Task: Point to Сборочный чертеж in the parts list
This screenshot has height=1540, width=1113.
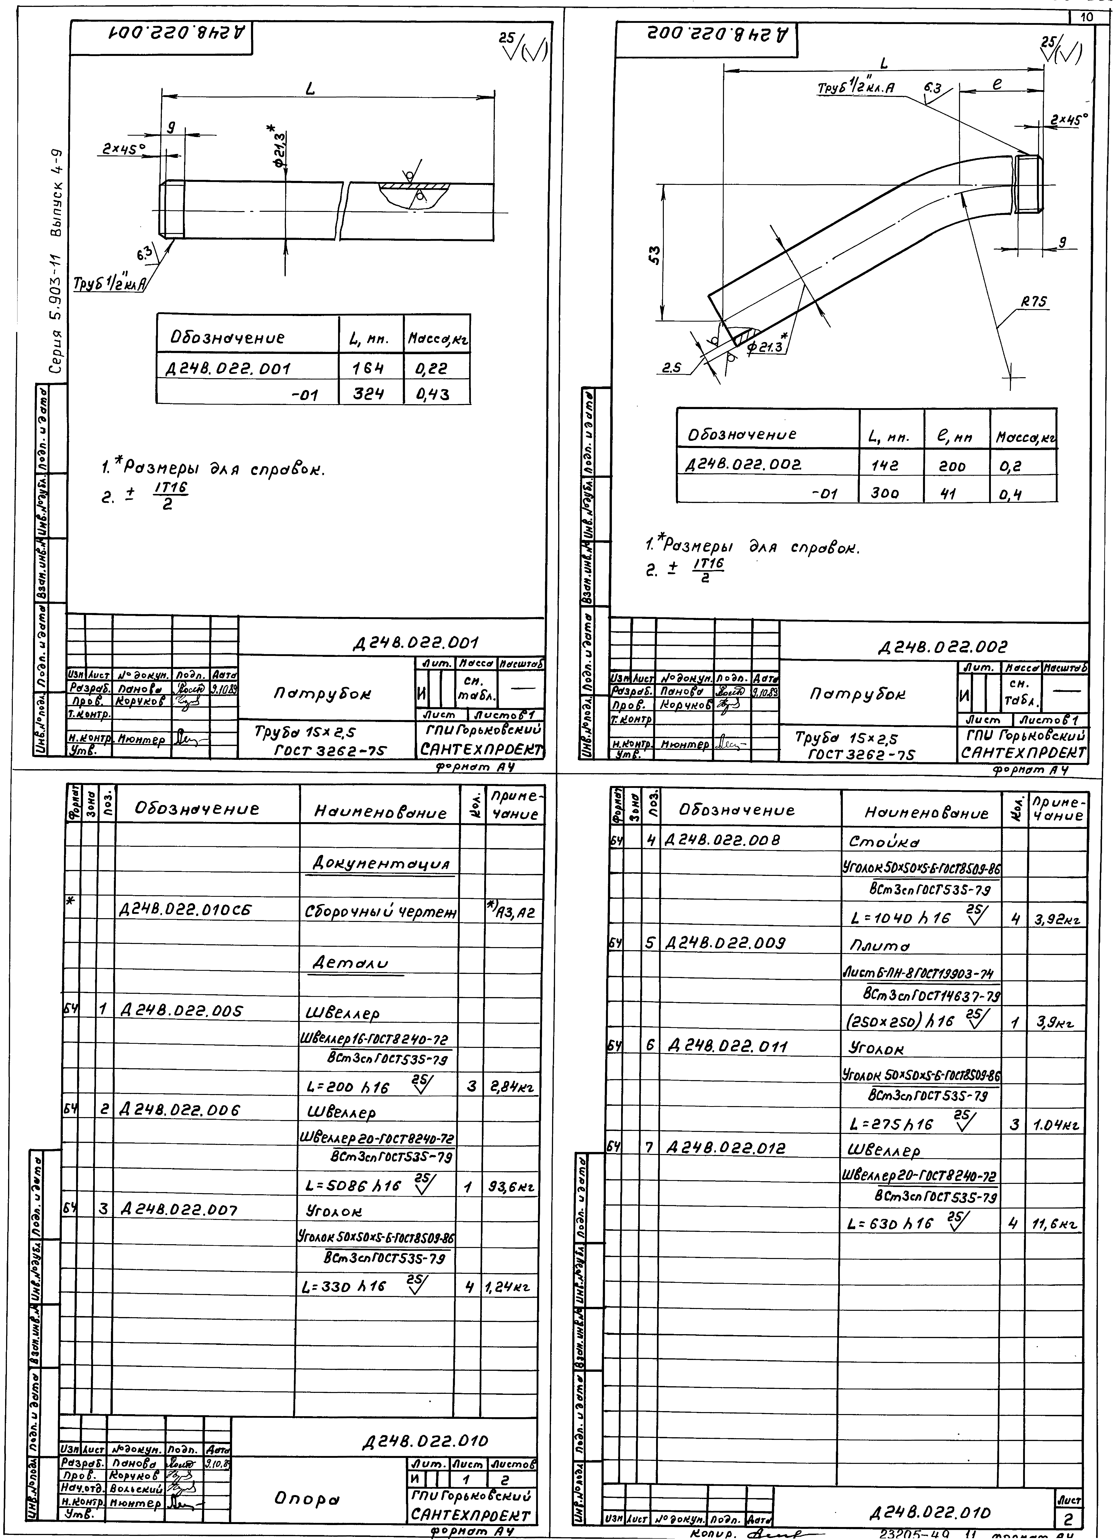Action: [380, 913]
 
